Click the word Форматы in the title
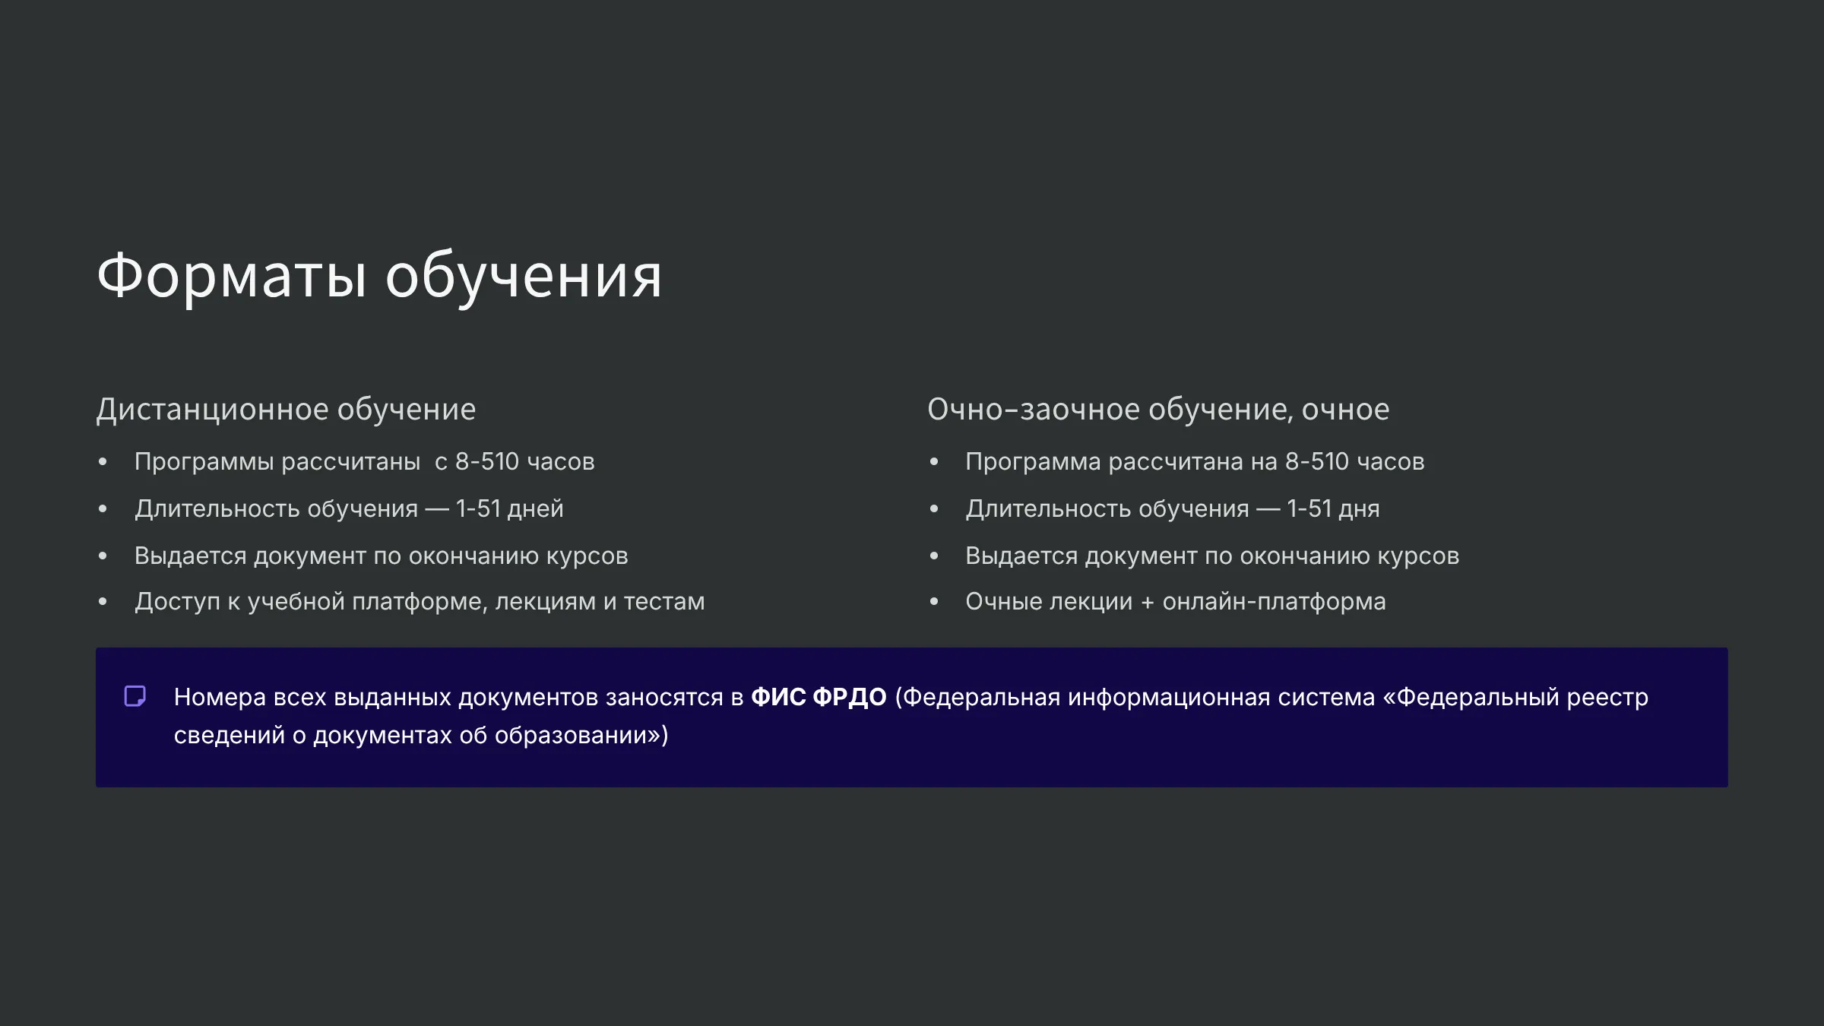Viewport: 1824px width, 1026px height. point(232,276)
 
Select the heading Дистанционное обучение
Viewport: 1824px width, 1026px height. point(286,410)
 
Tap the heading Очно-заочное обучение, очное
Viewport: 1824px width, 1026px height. point(1158,410)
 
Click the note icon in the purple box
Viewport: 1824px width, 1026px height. point(135,696)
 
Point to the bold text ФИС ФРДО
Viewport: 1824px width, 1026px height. point(819,697)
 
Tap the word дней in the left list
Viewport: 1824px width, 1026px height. point(536,509)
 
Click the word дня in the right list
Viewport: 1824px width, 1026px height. point(1359,509)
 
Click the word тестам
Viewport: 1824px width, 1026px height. point(664,602)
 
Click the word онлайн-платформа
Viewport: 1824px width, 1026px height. point(1275,602)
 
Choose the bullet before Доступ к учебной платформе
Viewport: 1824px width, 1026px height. point(103,602)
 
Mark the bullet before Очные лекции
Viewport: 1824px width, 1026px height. point(934,602)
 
